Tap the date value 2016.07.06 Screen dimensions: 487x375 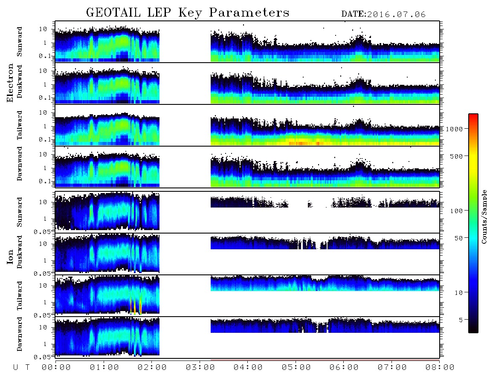pos(396,14)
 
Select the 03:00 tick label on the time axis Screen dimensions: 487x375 pos(200,367)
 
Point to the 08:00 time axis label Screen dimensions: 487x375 pos(440,367)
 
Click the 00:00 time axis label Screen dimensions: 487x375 pos(56,367)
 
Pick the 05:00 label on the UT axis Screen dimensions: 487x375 pos(296,367)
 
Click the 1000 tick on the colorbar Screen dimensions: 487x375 pos(454,129)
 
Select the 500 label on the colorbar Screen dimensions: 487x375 pos(456,156)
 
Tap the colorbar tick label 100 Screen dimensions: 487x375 pos(456,211)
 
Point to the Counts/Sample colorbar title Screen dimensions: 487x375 pos(484,216)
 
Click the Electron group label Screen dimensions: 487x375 pos(10,83)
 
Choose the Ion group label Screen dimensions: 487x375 pos(10,257)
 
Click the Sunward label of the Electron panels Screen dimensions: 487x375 pos(20,41)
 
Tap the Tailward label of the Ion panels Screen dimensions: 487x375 pos(20,296)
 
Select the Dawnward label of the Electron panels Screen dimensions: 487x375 pos(20,164)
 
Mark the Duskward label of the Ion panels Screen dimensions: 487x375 pos(20,252)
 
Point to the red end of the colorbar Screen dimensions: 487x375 pos(473,115)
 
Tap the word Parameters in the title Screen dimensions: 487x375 pos(249,13)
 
